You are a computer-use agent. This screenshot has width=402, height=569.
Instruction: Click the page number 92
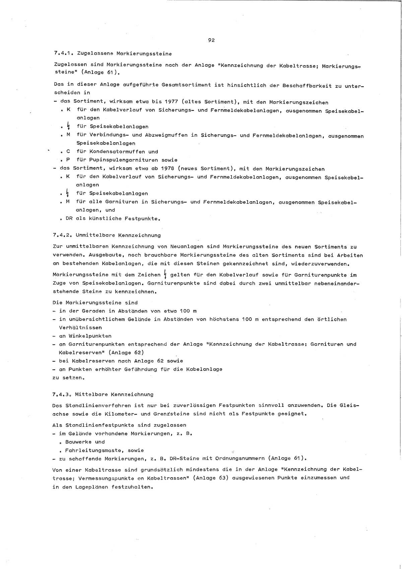click(x=211, y=41)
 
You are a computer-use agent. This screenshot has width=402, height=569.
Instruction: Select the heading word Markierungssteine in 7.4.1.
click(x=144, y=53)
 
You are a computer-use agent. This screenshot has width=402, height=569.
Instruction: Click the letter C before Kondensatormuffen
click(x=68, y=151)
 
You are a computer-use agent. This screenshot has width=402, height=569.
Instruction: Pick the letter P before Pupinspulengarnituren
click(x=68, y=160)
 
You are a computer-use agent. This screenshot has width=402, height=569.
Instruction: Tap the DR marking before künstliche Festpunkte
click(x=69, y=219)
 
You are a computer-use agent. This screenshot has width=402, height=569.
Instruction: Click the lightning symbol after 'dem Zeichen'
click(x=165, y=275)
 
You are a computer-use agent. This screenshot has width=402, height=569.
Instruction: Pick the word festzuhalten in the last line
click(x=133, y=487)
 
